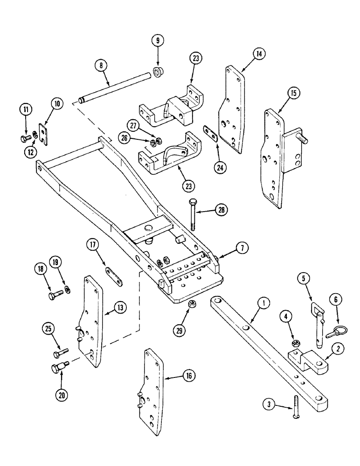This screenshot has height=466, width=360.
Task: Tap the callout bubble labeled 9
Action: click(158, 41)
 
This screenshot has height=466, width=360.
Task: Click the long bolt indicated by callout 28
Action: click(194, 215)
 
